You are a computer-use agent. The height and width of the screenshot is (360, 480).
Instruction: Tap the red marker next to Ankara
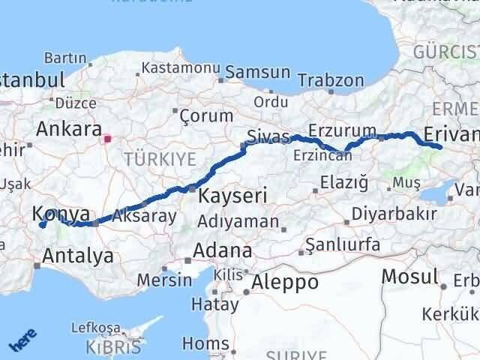pos(107,138)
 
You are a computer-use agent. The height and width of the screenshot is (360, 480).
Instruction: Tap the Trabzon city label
pos(331,80)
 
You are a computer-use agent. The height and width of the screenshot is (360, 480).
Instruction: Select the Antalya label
pos(79,256)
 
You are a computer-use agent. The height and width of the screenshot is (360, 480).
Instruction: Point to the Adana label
pos(223,250)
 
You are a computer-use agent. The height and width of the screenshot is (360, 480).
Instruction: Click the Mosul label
pos(409,276)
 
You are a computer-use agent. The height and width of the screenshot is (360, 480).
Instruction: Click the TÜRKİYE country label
pos(160,158)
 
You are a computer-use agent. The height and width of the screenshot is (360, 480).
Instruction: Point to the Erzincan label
pos(323,155)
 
